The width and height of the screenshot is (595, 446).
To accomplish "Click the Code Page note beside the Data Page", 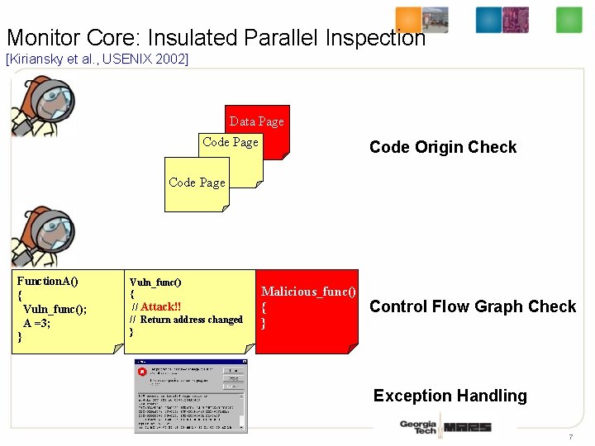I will coord(231,142).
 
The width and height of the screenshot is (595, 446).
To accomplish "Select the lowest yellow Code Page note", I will coord(197,183).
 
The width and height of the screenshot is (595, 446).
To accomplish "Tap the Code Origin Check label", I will coord(442,147).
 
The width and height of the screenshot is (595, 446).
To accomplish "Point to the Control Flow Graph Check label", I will coord(473,306).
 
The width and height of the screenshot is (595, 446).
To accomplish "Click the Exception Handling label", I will coord(450,396).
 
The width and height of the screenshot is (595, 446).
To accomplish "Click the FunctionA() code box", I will coord(66,310).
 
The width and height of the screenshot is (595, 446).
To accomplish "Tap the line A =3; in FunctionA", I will coord(37,323).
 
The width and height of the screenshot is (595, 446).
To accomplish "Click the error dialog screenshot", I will coord(191,396).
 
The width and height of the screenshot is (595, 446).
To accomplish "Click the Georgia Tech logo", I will coord(417,427).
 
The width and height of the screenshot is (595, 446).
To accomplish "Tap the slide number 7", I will coord(570,437).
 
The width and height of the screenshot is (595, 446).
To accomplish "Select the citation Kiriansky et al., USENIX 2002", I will coord(97,59).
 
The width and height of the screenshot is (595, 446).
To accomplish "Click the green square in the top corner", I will coord(569,19).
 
